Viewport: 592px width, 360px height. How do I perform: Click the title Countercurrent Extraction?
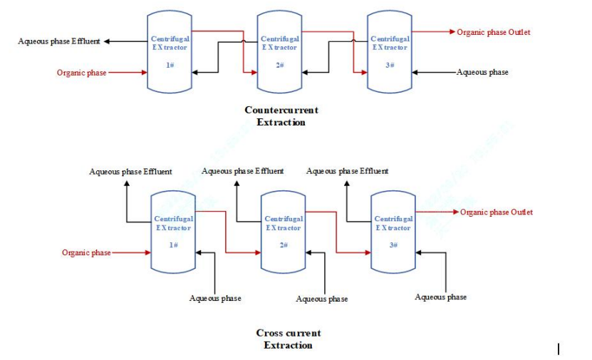(x=281, y=115)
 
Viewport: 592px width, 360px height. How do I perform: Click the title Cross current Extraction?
(x=288, y=339)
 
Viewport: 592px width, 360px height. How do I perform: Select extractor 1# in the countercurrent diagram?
(x=170, y=51)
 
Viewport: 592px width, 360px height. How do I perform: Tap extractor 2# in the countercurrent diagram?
(x=279, y=51)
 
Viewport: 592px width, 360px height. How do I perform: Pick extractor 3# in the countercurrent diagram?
(x=390, y=51)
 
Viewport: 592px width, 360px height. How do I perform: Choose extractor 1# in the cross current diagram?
(x=173, y=232)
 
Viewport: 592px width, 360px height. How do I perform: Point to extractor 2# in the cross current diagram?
(x=283, y=232)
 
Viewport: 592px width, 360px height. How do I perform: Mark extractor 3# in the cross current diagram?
(x=393, y=232)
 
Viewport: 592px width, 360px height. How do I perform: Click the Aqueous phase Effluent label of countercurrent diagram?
(x=59, y=41)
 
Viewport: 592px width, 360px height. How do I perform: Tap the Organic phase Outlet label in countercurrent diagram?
(x=494, y=32)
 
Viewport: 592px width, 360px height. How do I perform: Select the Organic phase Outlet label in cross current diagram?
(x=497, y=212)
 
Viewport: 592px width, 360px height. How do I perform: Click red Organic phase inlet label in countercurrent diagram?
(x=82, y=73)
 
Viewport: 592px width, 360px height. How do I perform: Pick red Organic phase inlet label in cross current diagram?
(x=86, y=252)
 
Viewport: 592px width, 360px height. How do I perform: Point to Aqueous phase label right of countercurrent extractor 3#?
(x=482, y=72)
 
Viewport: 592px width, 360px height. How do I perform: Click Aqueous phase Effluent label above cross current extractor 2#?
(x=243, y=171)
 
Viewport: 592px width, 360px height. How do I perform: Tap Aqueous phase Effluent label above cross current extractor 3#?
(x=347, y=171)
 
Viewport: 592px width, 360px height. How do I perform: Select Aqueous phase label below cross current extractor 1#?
(x=214, y=298)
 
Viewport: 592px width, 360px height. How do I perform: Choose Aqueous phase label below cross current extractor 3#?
(x=441, y=297)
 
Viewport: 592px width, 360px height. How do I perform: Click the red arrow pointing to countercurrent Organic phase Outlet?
(x=450, y=32)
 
